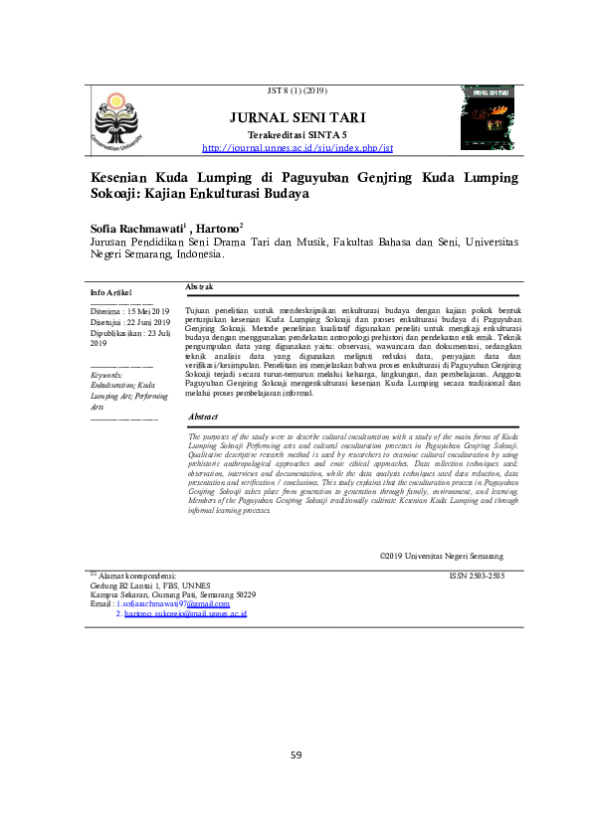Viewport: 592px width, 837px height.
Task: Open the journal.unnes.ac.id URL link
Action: tap(297, 148)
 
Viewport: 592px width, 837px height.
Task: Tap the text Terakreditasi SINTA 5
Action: tap(297, 134)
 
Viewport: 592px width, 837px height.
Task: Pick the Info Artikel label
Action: tap(110, 293)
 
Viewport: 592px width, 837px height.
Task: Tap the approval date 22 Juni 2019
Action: tap(146, 322)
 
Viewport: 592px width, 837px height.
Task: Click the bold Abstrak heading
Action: tap(200, 286)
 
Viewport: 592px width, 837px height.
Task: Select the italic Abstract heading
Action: tap(203, 417)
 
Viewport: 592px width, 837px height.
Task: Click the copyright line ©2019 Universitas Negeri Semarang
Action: tap(441, 555)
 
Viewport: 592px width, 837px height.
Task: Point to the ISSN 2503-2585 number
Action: tap(477, 576)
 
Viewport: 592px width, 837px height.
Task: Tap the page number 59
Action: tap(296, 755)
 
